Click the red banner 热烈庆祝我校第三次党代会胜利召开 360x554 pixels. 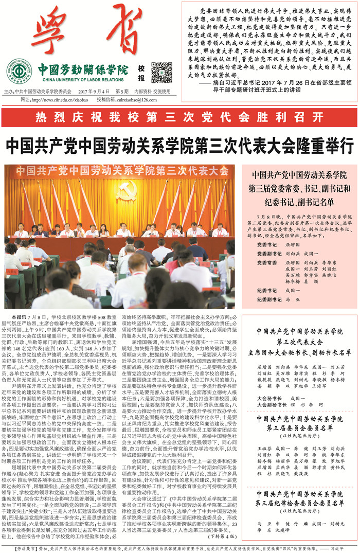coord(179,116)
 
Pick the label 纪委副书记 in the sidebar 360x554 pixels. coord(269,298)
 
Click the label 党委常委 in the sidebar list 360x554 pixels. coord(267,262)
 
